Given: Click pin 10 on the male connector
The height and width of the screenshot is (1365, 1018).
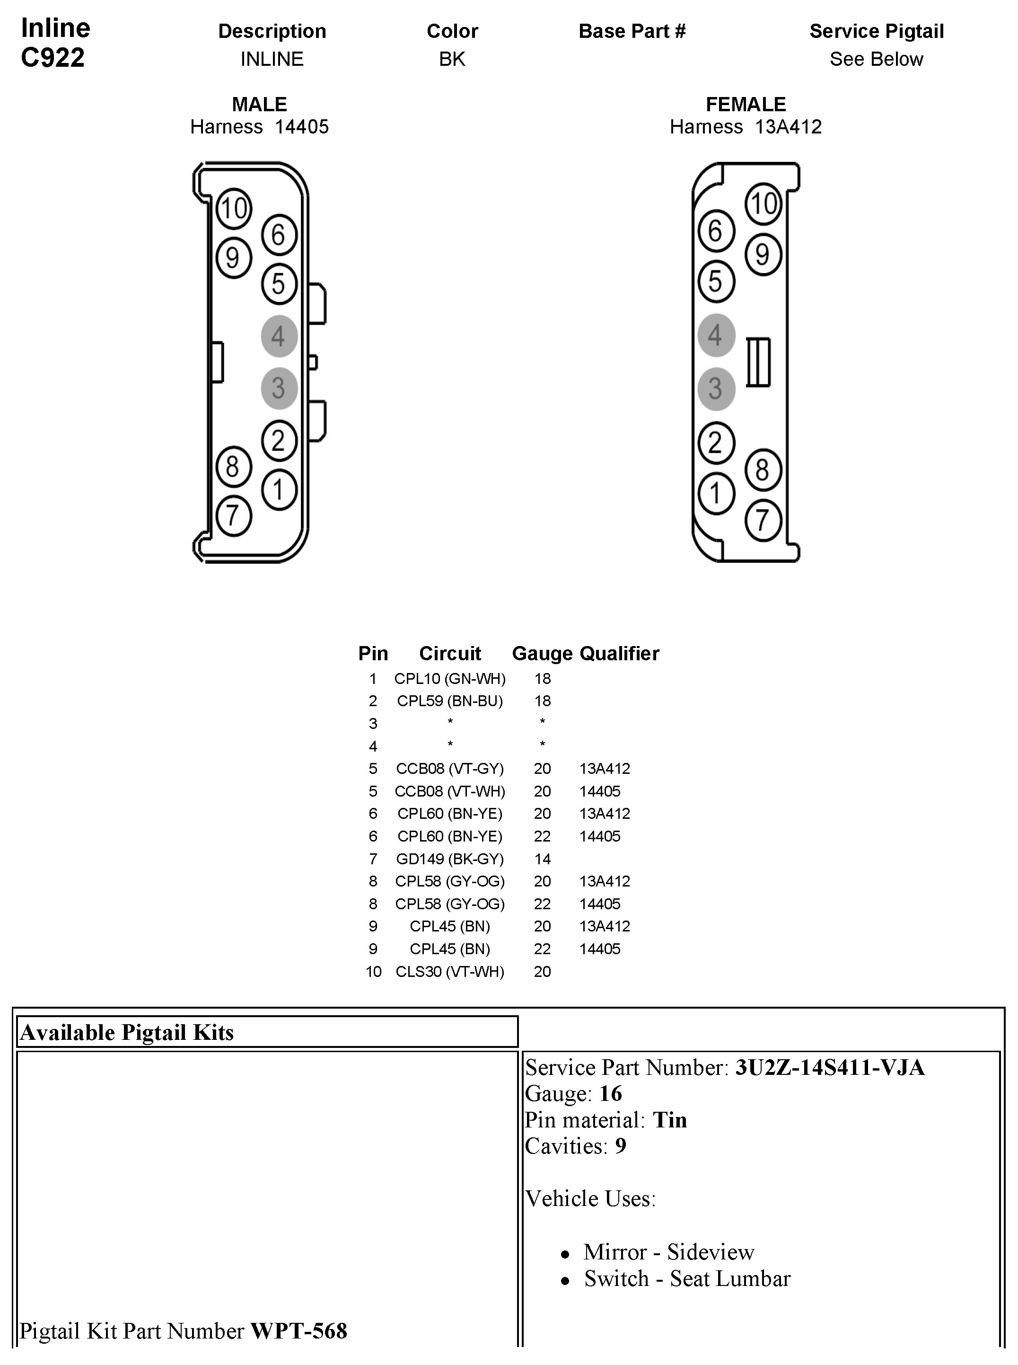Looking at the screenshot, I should coord(234,208).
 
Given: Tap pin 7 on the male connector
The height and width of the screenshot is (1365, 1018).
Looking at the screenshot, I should coord(233,515).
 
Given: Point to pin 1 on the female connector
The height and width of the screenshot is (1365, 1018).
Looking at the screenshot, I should coord(715,493).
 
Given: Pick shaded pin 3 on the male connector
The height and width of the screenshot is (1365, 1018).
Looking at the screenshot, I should coord(279,388).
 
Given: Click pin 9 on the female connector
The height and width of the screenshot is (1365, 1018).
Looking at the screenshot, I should coord(763,254).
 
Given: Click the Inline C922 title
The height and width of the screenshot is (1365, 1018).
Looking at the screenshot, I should coord(55,43).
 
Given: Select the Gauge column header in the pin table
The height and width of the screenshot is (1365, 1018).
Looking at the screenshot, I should coord(542,654).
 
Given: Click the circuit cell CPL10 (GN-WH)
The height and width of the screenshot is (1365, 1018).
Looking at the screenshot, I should coord(450,679).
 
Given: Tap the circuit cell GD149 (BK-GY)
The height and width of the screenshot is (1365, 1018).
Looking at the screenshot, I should coord(450,859).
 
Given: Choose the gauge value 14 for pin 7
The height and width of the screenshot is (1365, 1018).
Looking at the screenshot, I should coord(542,859).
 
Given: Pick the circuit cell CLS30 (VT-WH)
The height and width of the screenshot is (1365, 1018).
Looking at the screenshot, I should coord(450,972).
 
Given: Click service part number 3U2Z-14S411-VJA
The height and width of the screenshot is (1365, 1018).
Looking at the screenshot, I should coord(829,1067).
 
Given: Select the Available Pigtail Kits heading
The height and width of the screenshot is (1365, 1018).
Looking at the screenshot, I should coord(127,1032).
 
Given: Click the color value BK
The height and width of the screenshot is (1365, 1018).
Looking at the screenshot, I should coord(452,59).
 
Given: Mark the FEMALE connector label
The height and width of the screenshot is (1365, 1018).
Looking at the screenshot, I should coord(746,104).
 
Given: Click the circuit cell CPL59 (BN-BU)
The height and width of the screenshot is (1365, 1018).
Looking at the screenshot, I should coord(450,701).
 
